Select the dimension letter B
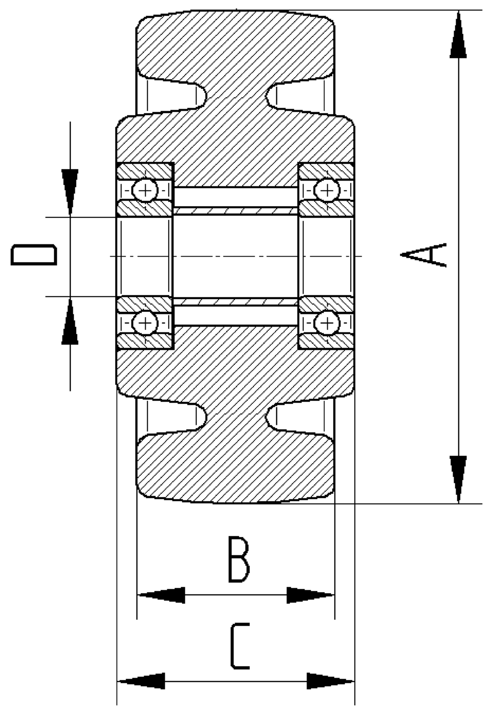tap(239, 560)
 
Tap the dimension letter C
tap(240, 646)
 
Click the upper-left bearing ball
tap(146, 189)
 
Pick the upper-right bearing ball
tap(327, 189)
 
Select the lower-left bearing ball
tap(146, 323)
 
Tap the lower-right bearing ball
tap(327, 323)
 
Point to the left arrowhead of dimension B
tap(161, 595)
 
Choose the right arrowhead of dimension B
tap(310, 595)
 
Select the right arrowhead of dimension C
tap(330, 681)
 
